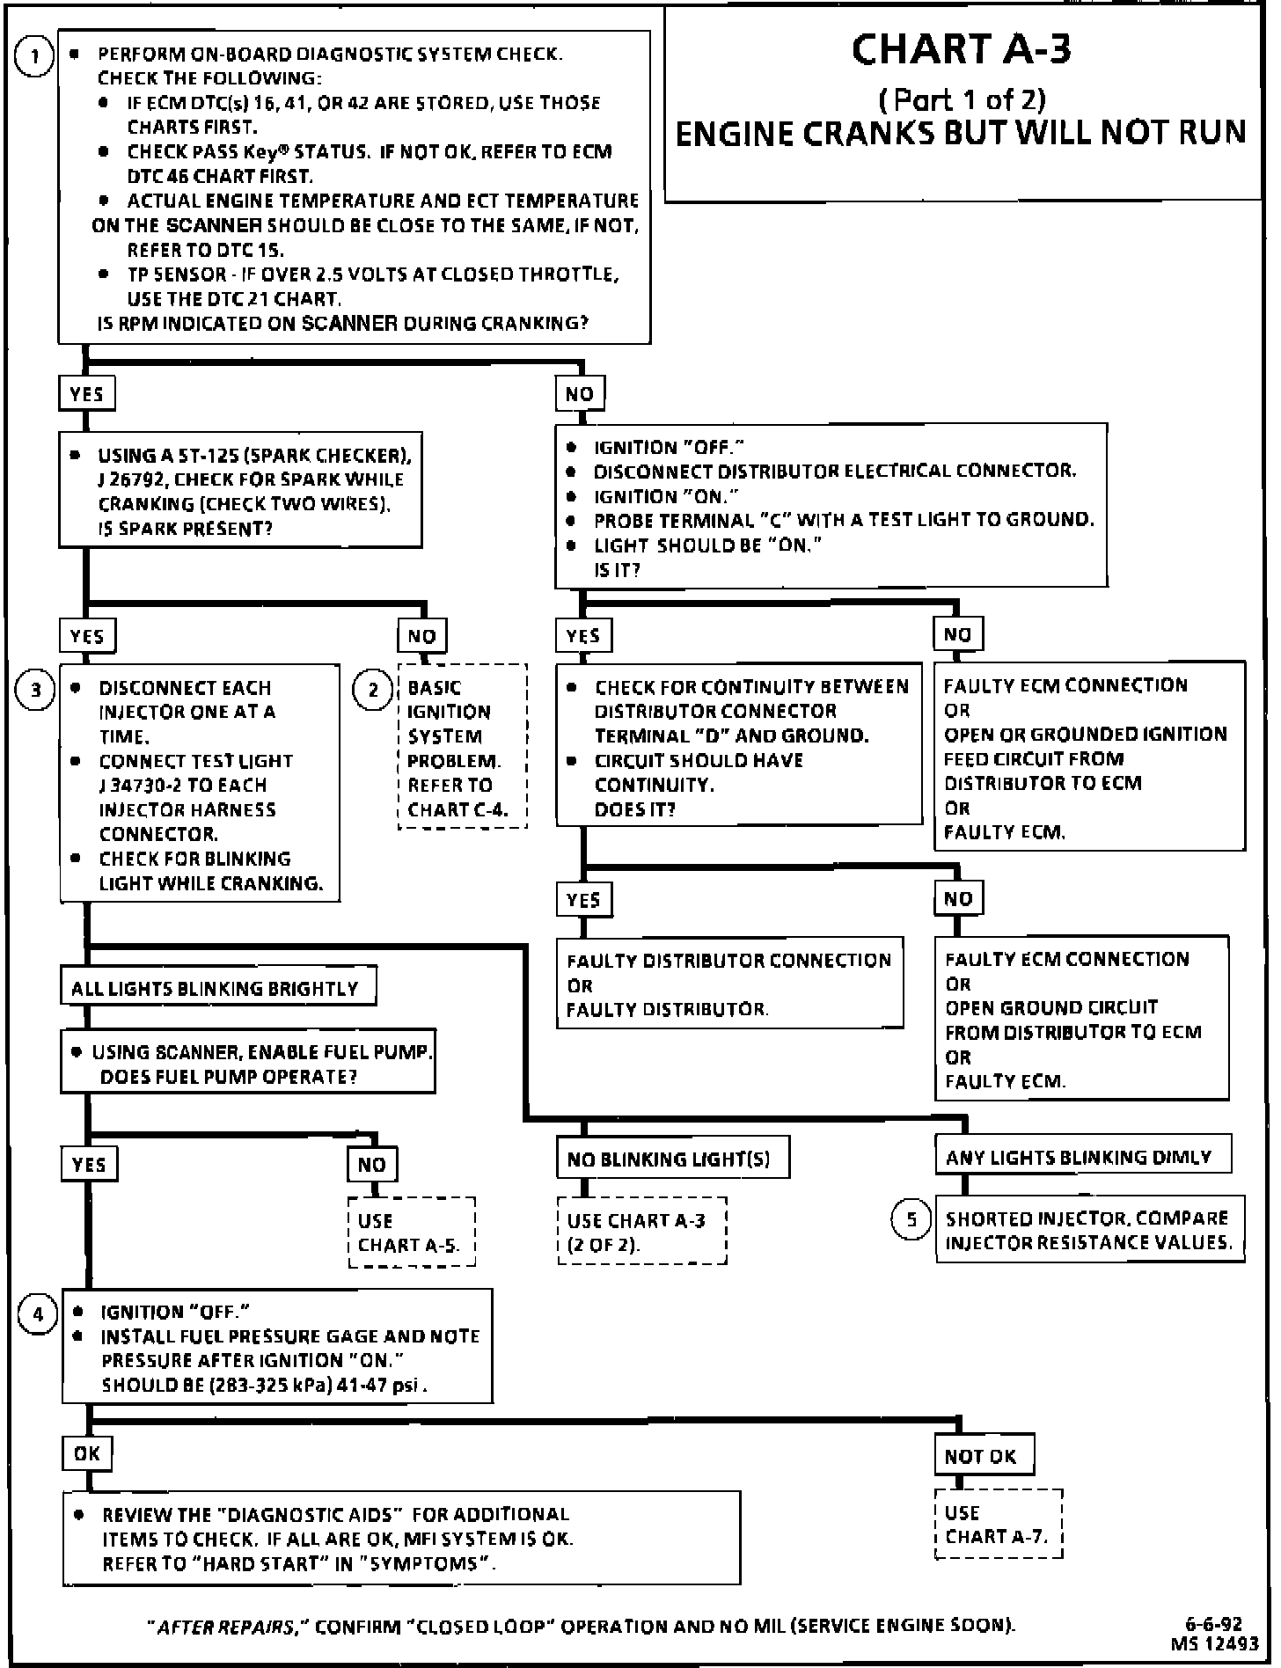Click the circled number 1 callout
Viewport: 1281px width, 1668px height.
35,58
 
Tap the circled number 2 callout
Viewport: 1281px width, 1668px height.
372,690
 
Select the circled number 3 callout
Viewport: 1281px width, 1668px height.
35,689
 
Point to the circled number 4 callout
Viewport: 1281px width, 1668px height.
38,1314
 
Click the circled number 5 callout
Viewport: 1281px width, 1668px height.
911,1219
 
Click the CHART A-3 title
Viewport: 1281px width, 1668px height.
962,49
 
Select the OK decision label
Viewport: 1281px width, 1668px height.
87,1452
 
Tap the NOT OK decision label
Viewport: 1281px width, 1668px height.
982,1456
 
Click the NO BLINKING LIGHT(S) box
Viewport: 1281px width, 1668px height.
670,1159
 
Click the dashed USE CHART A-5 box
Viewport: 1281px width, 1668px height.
411,1233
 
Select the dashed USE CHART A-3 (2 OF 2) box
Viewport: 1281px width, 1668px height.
641,1232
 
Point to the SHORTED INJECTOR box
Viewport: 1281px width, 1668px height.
1088,1230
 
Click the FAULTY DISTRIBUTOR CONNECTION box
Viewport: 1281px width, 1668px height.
729,984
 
